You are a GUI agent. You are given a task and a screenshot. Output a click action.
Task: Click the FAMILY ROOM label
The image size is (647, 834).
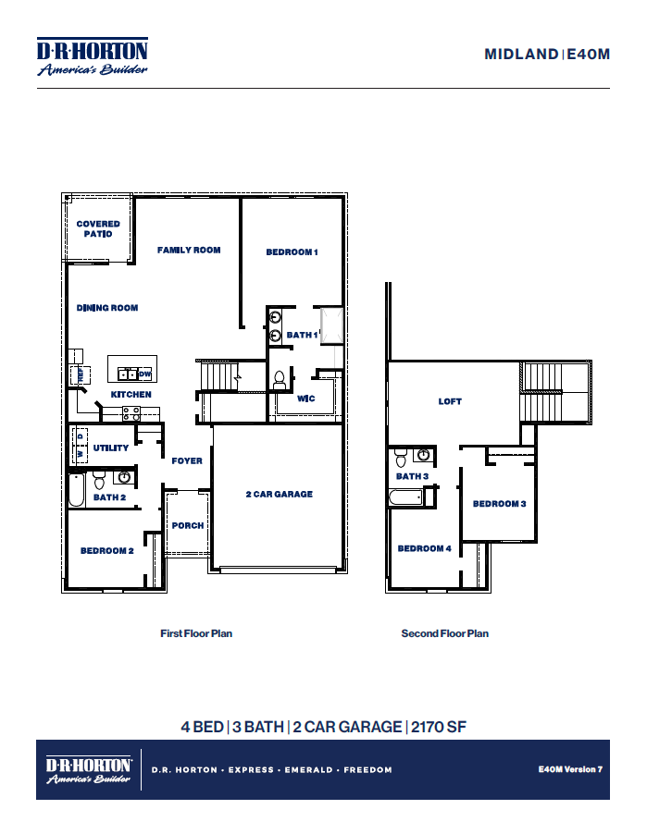[189, 250]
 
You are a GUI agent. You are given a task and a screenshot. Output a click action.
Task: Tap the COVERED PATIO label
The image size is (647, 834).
[98, 229]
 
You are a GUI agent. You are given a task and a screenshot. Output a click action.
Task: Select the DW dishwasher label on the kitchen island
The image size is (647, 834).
[144, 374]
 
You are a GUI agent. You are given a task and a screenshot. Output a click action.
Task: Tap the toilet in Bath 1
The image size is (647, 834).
[280, 378]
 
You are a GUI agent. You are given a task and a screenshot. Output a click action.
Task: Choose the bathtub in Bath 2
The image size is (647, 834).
[77, 489]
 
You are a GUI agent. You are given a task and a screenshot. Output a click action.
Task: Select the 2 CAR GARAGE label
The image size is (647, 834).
[279, 495]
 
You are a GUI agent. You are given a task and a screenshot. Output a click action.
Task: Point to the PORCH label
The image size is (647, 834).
[188, 525]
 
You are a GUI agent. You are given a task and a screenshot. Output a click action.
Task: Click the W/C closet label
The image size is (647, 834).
[306, 399]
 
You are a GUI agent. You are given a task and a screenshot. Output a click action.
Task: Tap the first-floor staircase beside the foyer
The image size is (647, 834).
[219, 376]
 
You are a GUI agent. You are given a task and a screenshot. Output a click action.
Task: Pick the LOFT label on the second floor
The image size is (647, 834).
[450, 401]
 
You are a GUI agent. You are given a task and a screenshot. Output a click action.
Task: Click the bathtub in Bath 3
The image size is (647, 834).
[406, 497]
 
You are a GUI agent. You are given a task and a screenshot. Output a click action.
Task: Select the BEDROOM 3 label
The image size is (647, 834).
[499, 504]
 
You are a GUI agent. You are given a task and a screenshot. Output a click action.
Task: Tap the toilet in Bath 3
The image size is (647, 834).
[401, 457]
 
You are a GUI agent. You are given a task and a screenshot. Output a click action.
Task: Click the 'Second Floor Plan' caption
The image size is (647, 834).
[444, 633]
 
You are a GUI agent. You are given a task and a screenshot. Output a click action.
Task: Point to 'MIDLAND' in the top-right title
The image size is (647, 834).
[521, 55]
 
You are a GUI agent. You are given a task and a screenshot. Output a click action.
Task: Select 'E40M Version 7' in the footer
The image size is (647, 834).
[570, 769]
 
